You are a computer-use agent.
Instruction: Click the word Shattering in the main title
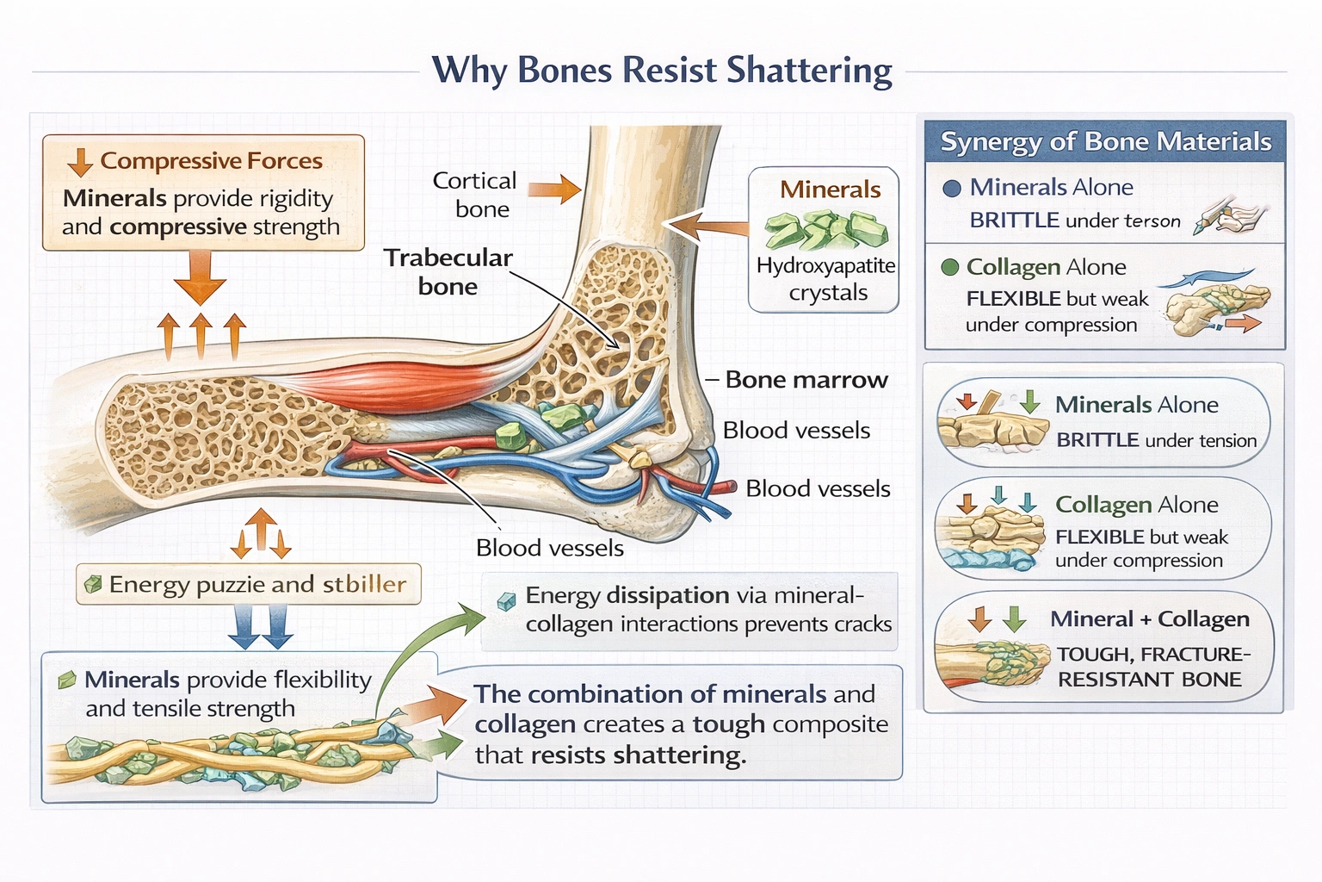pos(809,71)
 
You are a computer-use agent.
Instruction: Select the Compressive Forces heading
pos(211,161)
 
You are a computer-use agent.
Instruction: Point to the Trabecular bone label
pos(448,271)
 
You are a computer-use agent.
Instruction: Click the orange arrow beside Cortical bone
pos(554,189)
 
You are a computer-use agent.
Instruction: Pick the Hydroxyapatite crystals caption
pos(826,279)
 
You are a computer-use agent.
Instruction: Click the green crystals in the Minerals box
pos(825,231)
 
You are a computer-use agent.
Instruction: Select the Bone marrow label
pos(806,380)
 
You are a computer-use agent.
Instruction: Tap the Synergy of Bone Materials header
pos(1105,141)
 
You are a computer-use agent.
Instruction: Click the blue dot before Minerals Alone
pos(952,189)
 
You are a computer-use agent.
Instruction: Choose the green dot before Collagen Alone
pos(950,267)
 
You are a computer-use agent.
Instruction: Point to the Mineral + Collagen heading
pos(1149,619)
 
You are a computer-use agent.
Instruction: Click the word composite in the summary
pos(830,724)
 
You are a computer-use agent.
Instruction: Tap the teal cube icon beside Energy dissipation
pos(507,600)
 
